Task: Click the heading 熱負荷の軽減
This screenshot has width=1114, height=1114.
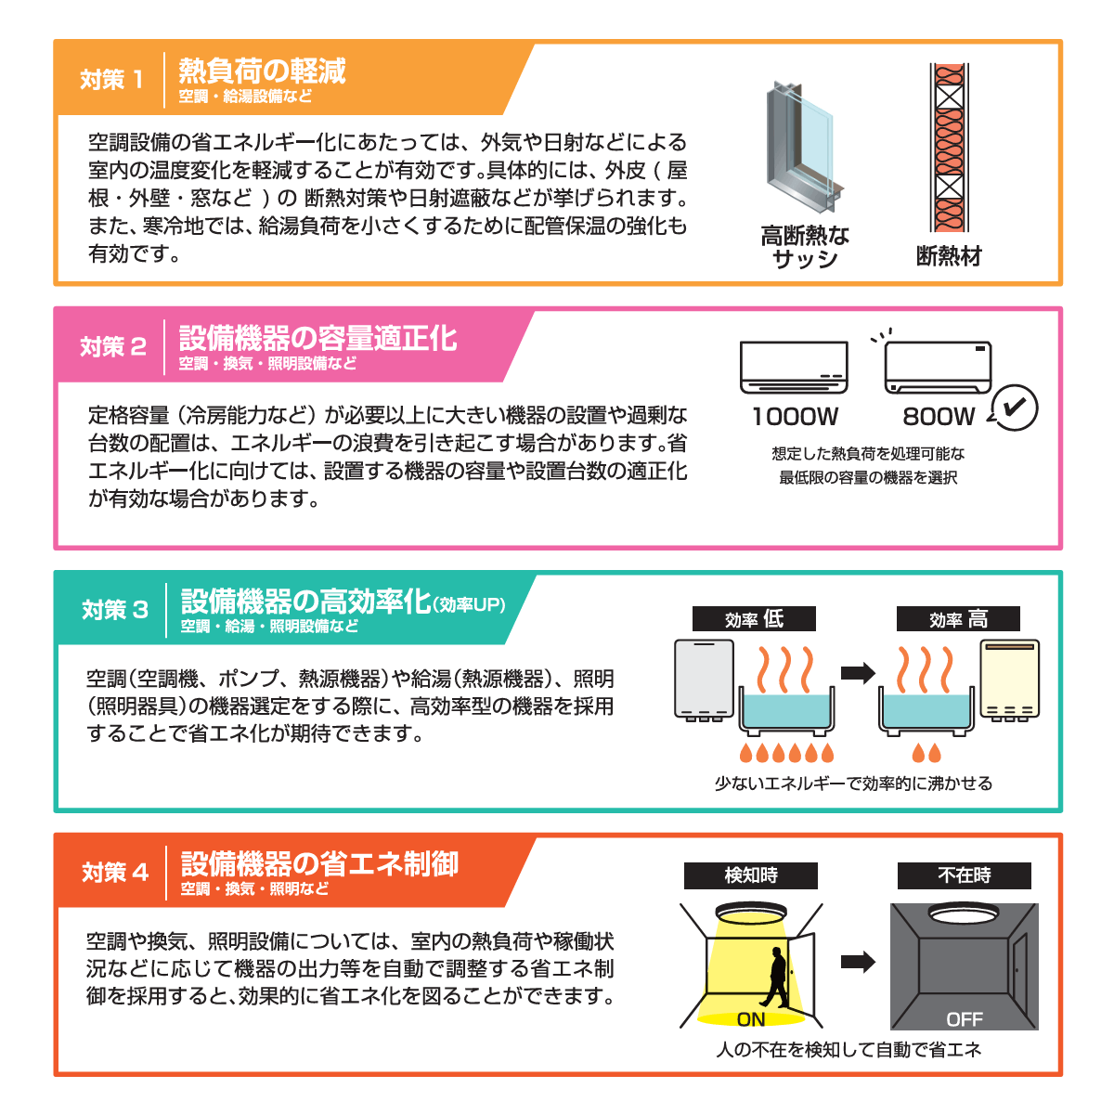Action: click(262, 71)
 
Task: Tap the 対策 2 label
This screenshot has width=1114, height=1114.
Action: click(113, 346)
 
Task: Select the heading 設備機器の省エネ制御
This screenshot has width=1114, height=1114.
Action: click(319, 863)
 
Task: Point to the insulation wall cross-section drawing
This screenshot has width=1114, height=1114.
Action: click(948, 148)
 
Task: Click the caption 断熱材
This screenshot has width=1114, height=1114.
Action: click(948, 256)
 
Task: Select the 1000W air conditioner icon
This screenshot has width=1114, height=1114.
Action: click(794, 368)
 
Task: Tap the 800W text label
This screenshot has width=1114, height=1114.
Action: click(939, 417)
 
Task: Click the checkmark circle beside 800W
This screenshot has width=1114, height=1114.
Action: click(1015, 407)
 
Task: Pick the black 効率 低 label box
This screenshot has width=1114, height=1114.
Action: click(754, 619)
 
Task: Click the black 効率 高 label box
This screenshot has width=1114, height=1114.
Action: click(958, 619)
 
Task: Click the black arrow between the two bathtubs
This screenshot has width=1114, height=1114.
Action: click(858, 673)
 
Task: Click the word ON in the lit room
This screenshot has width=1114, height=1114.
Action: click(750, 1019)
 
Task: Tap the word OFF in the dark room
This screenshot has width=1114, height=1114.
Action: click(964, 1019)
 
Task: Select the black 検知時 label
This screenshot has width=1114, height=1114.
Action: click(751, 875)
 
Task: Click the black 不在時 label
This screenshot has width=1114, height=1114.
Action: click(964, 875)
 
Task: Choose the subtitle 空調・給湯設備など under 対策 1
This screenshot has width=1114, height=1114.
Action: click(245, 97)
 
